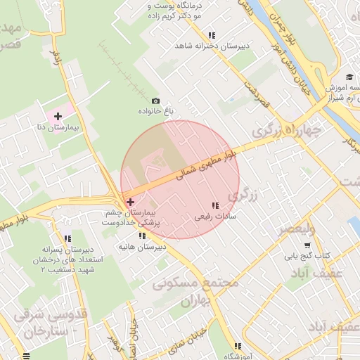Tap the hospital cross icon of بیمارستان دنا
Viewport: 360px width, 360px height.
click(58, 116)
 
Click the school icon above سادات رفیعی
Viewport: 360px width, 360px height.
click(214, 205)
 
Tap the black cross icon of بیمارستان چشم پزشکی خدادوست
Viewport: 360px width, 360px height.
click(130, 202)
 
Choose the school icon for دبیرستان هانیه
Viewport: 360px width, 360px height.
click(143, 236)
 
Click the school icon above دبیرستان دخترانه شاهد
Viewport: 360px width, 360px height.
click(212, 35)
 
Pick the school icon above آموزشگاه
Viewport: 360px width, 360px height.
click(238, 346)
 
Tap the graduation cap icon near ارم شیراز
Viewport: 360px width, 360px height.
click(349, 77)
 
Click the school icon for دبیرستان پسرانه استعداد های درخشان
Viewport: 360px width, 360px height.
click(67, 238)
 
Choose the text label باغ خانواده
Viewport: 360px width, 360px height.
click(158, 112)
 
